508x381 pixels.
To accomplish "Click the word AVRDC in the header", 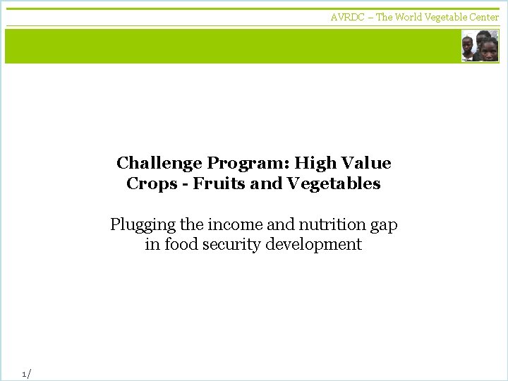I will pyautogui.click(x=347, y=17).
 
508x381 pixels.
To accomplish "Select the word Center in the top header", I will pyautogui.click(x=485, y=17).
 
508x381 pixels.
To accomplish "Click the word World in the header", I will pyautogui.click(x=409, y=17).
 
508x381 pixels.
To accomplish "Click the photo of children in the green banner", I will pyautogui.click(x=480, y=46).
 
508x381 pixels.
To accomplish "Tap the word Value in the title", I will pyautogui.click(x=366, y=164).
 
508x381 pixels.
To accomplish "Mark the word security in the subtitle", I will pyautogui.click(x=232, y=246).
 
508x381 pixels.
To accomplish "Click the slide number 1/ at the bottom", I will pyautogui.click(x=27, y=373).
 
